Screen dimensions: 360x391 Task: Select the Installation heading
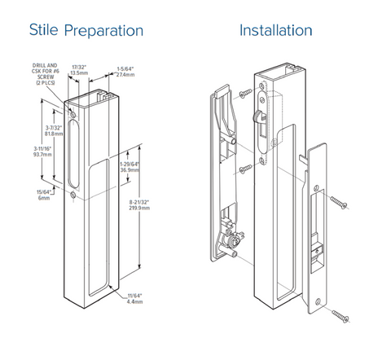275,30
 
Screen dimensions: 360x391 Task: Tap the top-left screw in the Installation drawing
244,97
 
